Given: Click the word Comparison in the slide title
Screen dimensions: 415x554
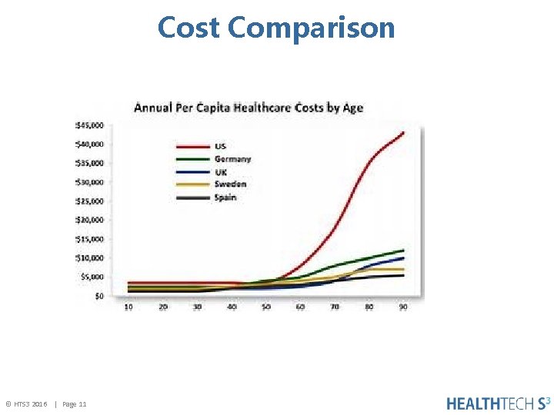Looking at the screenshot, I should coord(312,28).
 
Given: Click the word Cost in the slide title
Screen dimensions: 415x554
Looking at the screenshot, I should coord(189,28).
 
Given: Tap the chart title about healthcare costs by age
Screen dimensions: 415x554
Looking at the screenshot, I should coord(249,108).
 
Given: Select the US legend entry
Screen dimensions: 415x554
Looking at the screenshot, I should coord(220,146).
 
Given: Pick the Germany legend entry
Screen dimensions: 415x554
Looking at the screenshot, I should coord(232,159).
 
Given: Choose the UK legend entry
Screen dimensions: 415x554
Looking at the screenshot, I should coord(220,172).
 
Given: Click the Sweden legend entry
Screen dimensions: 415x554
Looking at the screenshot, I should coord(230,184).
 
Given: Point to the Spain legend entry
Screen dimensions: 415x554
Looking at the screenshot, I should coord(225,198).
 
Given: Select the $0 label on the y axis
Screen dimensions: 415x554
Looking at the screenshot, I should coord(99,296).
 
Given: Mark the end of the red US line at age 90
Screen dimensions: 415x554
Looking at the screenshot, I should coord(403,133).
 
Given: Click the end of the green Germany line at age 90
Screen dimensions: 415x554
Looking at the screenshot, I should coord(403,251).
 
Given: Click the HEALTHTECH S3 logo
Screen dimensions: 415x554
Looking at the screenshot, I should coord(498,403).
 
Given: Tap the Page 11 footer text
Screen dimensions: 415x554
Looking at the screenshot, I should coord(74,404).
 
